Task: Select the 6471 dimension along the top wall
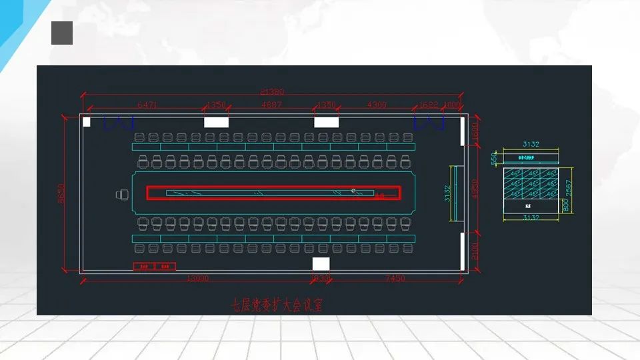tap(147, 105)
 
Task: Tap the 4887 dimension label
tap(271, 105)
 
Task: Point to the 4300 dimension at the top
tap(377, 105)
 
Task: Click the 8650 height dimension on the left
tap(62, 194)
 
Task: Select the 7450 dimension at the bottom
tap(395, 279)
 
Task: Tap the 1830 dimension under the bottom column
tap(321, 279)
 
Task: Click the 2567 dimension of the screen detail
tap(568, 189)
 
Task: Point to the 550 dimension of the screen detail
tap(494, 158)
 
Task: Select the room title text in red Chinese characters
tap(276, 305)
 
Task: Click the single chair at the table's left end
tap(122, 194)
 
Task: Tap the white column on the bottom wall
tap(321, 264)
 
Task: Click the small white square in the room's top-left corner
tap(86, 121)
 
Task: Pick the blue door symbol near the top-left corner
tap(119, 123)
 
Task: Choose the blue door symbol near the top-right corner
tap(429, 123)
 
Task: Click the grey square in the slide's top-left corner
tap(62, 33)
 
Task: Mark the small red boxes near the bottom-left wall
tap(155, 267)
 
